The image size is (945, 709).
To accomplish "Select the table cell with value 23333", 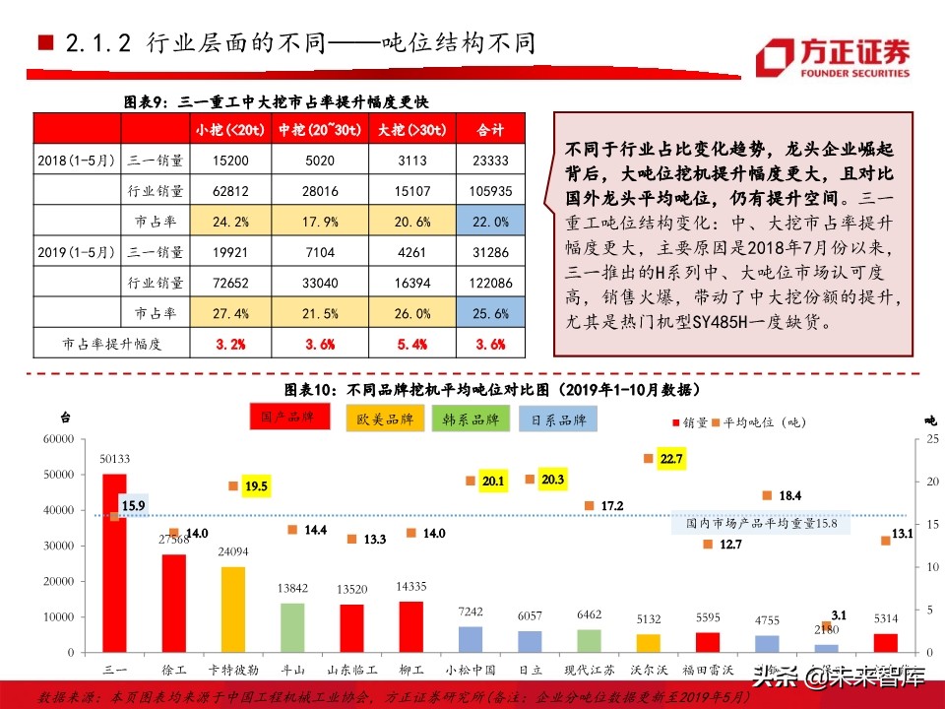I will pyautogui.click(x=490, y=161).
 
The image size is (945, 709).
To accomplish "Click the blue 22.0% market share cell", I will pyautogui.click(x=490, y=222).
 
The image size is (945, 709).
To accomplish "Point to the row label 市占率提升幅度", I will pyautogui.click(x=111, y=345).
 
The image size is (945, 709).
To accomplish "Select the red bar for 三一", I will pyautogui.click(x=115, y=562).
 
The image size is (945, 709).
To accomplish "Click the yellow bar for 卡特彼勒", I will pyautogui.click(x=232, y=609).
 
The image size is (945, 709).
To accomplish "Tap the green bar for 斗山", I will pyautogui.click(x=292, y=627).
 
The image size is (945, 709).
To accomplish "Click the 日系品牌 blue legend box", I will pyautogui.click(x=558, y=420).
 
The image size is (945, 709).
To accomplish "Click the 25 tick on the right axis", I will pyautogui.click(x=931, y=439).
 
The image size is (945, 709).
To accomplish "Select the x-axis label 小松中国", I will pyautogui.click(x=471, y=671).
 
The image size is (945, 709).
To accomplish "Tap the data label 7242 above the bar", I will pyautogui.click(x=471, y=612).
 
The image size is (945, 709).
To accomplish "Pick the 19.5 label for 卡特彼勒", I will pyautogui.click(x=256, y=486).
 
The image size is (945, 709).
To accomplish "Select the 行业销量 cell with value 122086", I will pyautogui.click(x=490, y=284).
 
